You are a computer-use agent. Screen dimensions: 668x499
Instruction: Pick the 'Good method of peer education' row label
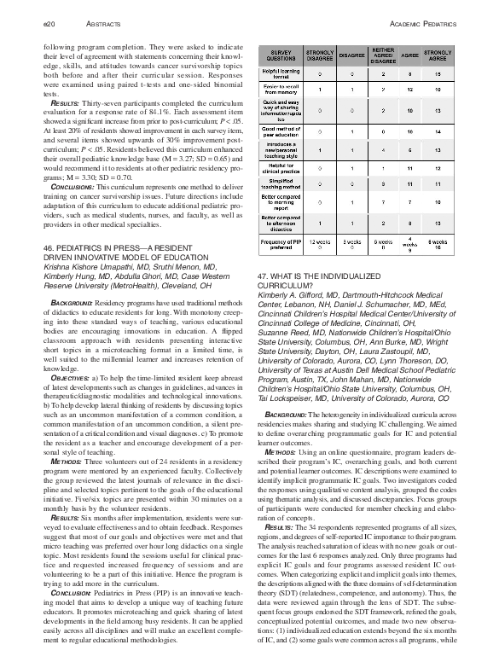click(279, 134)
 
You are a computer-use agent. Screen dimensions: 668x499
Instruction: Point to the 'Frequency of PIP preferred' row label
click(279, 244)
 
